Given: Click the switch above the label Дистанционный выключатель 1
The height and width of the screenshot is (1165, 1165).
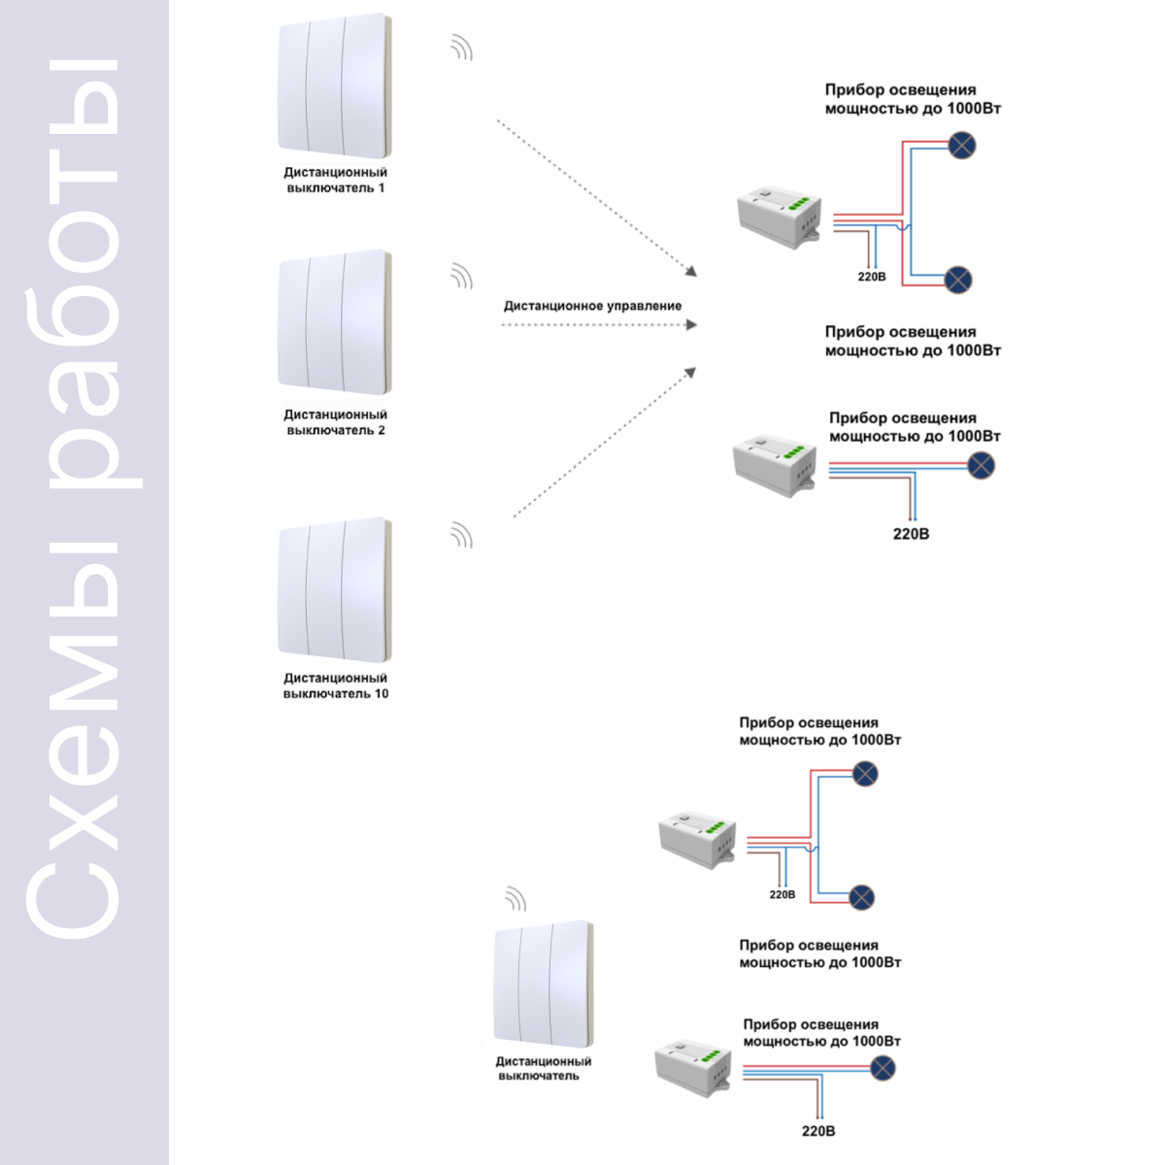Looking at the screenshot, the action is point(334,85).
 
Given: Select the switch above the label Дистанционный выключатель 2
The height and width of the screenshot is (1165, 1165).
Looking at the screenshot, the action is point(334,322).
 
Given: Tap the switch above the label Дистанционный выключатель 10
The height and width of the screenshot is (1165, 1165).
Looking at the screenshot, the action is point(334,589).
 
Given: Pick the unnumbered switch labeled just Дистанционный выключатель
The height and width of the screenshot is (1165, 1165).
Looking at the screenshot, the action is point(544,984).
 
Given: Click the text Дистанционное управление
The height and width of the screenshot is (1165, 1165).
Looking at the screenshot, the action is point(592,306).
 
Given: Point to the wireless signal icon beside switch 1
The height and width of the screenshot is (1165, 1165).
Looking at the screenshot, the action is point(461,48).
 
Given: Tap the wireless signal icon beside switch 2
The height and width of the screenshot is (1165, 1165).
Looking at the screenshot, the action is point(461,276).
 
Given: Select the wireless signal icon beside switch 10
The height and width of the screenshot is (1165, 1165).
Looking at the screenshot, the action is point(461,535).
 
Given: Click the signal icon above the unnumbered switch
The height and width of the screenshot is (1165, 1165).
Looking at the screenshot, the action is point(516,898).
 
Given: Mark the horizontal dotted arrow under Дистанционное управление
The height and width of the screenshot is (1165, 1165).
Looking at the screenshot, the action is point(599,325).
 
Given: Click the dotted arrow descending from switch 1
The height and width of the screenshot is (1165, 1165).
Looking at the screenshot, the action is point(597,198).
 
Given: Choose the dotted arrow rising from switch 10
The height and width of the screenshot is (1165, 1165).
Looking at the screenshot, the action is point(605,442).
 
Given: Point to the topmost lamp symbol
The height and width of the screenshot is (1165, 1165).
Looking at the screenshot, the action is point(961,145).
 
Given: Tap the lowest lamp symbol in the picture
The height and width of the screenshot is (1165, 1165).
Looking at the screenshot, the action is point(882,1069).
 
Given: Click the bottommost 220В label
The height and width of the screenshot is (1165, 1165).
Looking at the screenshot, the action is point(818,1131).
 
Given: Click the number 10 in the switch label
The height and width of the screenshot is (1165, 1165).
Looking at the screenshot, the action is point(382,693).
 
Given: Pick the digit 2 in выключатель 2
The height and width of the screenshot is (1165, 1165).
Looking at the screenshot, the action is point(382,430).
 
